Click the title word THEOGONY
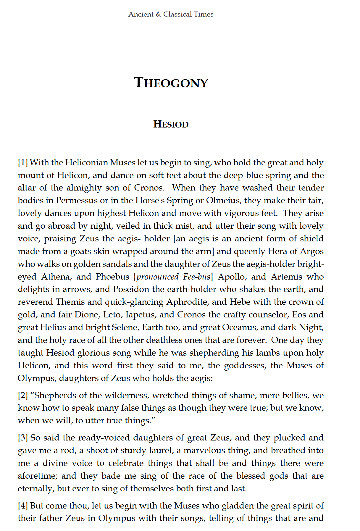pyautogui.click(x=171, y=83)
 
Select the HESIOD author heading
pyautogui.click(x=171, y=125)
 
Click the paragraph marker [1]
pyautogui.click(x=23, y=163)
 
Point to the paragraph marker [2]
pyautogui.click(x=23, y=396)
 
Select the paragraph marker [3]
pyautogui.click(x=23, y=438)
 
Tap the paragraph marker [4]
pyautogui.click(x=23, y=506)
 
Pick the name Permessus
pyautogui.click(x=77, y=201)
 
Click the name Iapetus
pyautogui.click(x=140, y=315)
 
